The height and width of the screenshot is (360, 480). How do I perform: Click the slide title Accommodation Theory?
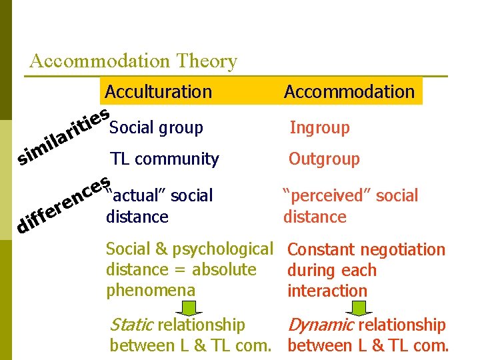click(x=133, y=61)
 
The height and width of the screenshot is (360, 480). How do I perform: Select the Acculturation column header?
click(x=158, y=91)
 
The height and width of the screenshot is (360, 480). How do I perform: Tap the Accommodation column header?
click(x=349, y=91)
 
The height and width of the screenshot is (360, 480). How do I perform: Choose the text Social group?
click(x=156, y=127)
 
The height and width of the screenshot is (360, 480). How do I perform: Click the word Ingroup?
click(x=319, y=127)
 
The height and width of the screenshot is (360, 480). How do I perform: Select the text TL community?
click(x=165, y=159)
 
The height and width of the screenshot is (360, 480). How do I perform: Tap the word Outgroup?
click(x=324, y=159)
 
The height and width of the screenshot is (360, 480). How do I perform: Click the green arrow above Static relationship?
click(x=189, y=308)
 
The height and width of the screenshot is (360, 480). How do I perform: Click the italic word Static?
click(x=131, y=325)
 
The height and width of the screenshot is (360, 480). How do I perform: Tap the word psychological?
click(x=225, y=250)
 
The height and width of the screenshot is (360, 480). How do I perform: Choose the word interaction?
click(x=327, y=291)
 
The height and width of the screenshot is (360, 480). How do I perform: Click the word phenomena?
click(x=151, y=291)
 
